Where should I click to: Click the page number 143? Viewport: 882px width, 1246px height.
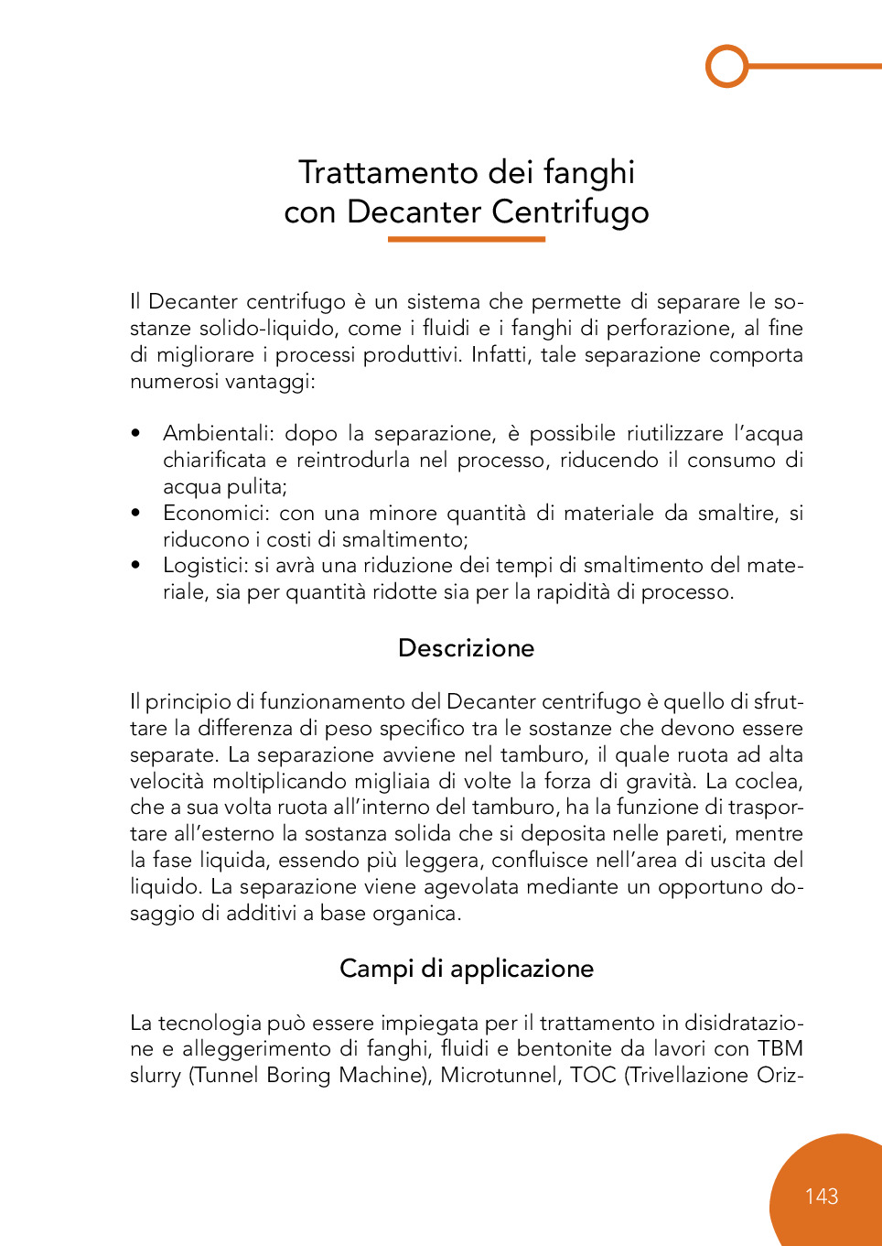click(x=822, y=1197)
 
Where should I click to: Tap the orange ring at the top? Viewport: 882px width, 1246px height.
click(x=727, y=66)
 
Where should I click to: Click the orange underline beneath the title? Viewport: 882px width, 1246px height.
click(x=466, y=239)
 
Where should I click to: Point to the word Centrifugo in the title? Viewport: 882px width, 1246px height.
click(x=570, y=212)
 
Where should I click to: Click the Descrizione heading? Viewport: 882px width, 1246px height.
click(x=466, y=648)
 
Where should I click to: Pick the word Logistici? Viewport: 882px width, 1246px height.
click(x=205, y=566)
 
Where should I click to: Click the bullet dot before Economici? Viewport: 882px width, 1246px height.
click(x=135, y=514)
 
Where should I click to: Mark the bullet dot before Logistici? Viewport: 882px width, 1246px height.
click(x=135, y=566)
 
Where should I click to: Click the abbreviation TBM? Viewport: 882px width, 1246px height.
click(x=780, y=1049)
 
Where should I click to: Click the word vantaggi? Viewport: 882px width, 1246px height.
click(x=276, y=382)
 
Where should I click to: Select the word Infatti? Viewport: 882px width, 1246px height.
click(x=500, y=355)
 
